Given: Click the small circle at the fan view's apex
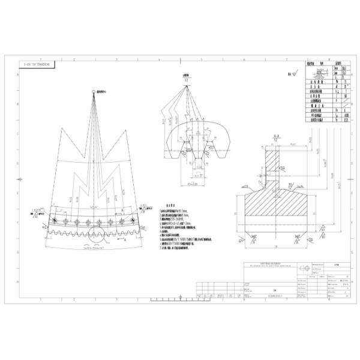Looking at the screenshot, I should coord(93,91).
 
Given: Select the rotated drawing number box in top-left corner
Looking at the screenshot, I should coord(36,62).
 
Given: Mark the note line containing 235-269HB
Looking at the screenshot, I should coord(178,220).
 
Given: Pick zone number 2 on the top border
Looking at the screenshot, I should coord(74,59).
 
